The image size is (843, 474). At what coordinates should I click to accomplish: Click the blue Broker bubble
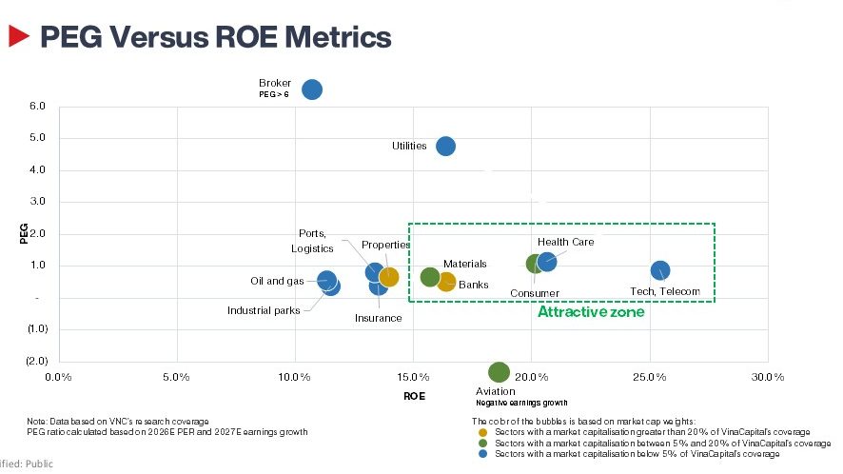tap(312, 89)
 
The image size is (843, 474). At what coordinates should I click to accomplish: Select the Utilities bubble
tap(445, 146)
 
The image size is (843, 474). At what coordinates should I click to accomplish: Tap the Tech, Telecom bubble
tap(659, 270)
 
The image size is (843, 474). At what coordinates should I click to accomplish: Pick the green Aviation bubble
tap(499, 372)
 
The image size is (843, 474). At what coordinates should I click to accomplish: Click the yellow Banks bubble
tap(446, 282)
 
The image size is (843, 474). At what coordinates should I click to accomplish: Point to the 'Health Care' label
tap(565, 243)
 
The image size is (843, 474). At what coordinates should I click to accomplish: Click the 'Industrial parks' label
tap(264, 310)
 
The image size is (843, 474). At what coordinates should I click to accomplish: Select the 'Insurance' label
tap(378, 318)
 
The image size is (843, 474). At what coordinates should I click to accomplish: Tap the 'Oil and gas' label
tap(277, 281)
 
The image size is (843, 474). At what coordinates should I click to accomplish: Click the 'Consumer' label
tap(535, 293)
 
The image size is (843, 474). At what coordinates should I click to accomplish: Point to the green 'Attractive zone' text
tap(591, 312)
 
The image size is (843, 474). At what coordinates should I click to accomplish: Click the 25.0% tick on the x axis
tap(649, 377)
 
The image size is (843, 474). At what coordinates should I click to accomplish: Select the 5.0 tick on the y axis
tap(38, 138)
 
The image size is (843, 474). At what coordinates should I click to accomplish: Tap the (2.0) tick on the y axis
tap(36, 361)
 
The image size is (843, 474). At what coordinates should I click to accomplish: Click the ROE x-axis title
tap(414, 395)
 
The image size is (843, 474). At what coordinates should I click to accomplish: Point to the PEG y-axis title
tap(24, 233)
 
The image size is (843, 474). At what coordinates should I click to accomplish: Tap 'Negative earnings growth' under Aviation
tap(521, 403)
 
